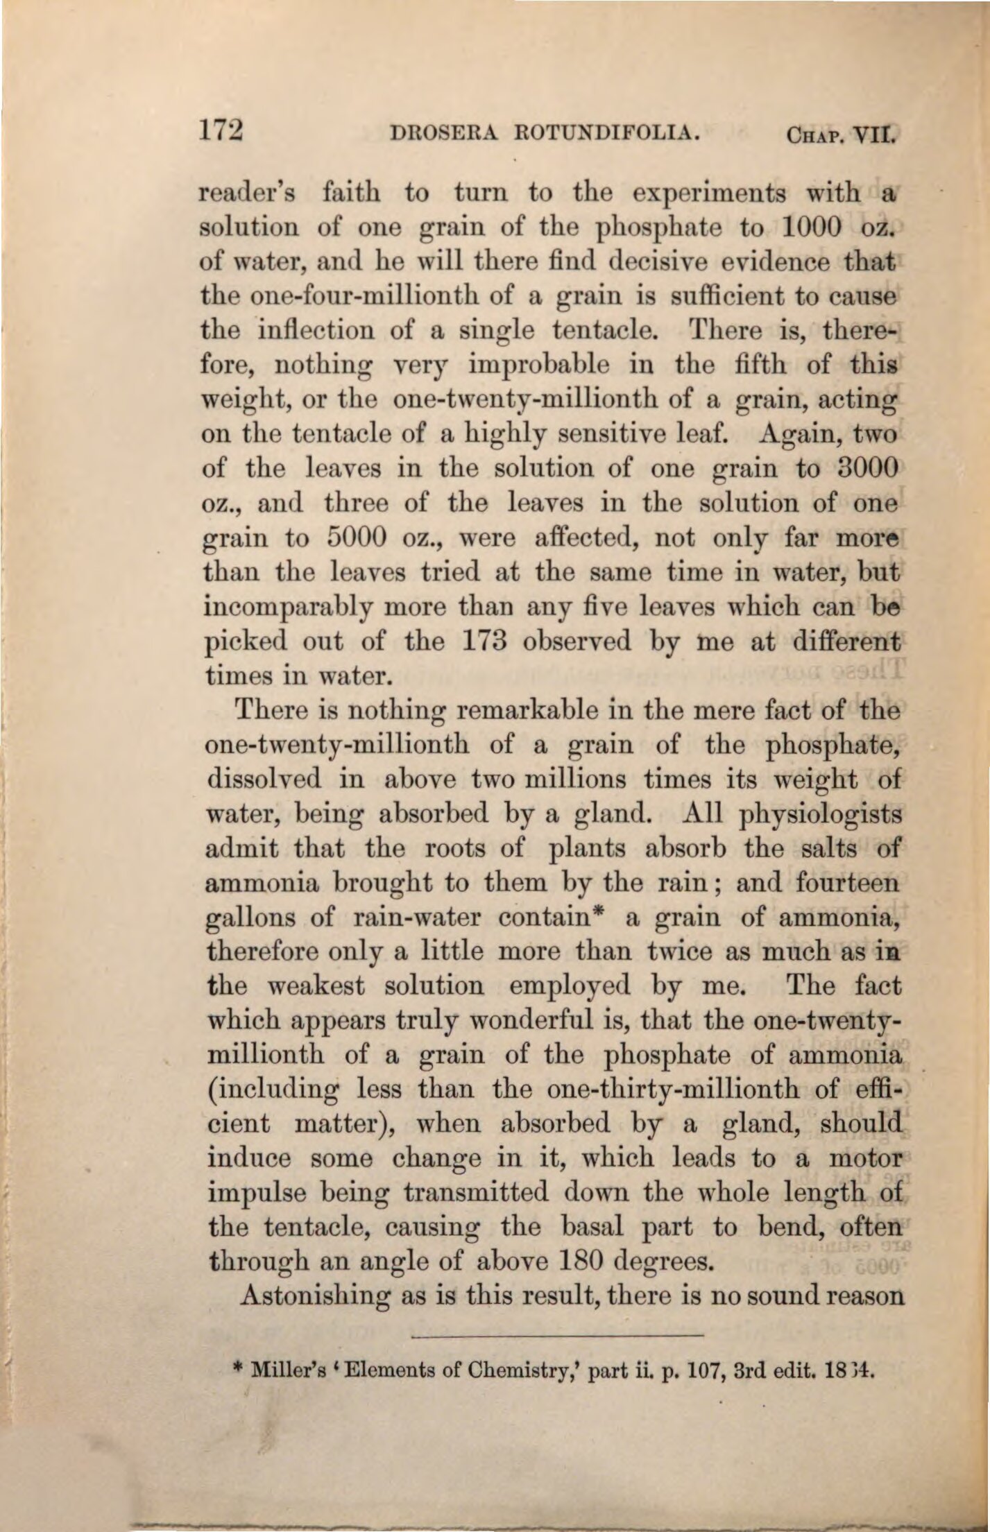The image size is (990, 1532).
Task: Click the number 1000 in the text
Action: [x=812, y=227]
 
